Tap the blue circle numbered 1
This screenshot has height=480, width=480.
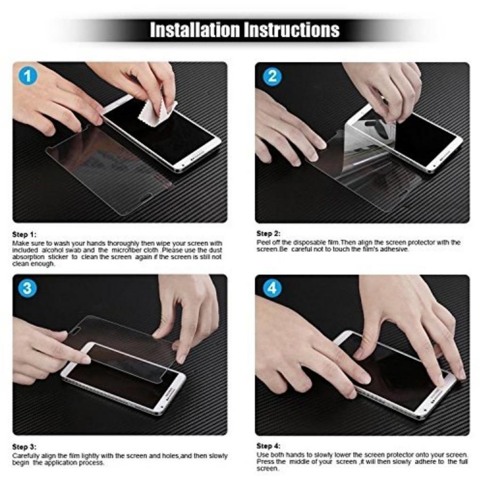point(27,76)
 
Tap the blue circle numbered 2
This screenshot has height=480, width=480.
point(272,76)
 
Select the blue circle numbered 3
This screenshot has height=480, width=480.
point(27,288)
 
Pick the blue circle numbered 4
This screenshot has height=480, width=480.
point(272,288)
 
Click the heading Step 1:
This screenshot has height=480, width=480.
point(24,234)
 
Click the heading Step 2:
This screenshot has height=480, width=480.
point(268,233)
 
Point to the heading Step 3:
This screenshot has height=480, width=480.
point(24,447)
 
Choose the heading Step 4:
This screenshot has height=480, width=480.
point(268,446)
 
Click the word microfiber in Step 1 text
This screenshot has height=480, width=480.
point(127,250)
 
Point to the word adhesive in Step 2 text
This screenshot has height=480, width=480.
point(395,249)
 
